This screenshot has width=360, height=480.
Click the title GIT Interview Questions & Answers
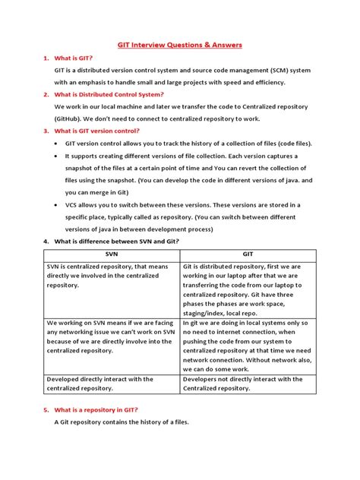click(x=180, y=45)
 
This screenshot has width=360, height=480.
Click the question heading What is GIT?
click(x=73, y=58)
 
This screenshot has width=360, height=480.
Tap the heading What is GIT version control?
click(x=95, y=130)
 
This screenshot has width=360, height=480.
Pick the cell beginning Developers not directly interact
click(x=247, y=384)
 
